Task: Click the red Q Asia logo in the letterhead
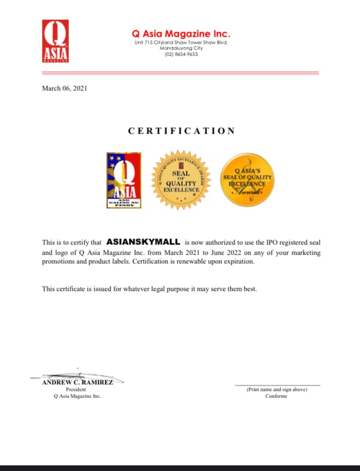(x=55, y=41)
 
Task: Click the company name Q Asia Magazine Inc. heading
(x=181, y=34)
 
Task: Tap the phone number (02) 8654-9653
(x=181, y=54)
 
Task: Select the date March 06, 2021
(x=64, y=88)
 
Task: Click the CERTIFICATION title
(x=181, y=131)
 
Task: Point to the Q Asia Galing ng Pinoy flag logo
(x=124, y=180)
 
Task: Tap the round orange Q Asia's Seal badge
(x=247, y=180)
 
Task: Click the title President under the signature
(x=76, y=389)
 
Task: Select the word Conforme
(x=276, y=396)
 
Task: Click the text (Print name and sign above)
(x=277, y=389)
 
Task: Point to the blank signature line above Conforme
(x=277, y=384)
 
